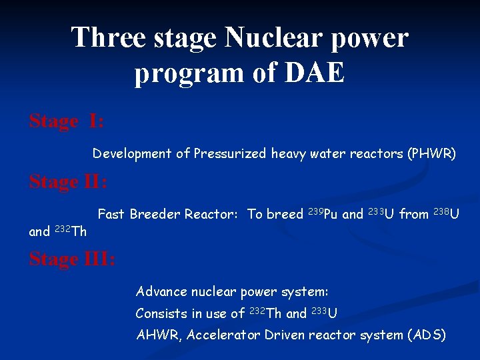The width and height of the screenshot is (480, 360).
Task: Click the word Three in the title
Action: (x=109, y=37)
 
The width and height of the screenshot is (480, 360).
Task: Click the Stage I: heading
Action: (x=66, y=121)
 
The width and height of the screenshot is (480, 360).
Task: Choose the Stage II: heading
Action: (x=69, y=181)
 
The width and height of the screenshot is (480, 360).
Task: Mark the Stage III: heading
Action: (x=72, y=259)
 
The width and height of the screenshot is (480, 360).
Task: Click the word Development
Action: (x=131, y=154)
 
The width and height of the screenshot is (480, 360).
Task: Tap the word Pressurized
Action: (x=231, y=154)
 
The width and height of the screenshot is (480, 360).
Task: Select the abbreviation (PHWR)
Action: (x=432, y=154)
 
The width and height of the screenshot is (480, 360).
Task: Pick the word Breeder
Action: (x=155, y=214)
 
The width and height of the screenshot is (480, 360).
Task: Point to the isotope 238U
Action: (x=447, y=214)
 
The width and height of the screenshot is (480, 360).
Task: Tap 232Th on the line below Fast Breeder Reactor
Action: (x=71, y=231)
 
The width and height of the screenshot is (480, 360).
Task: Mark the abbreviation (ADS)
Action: (x=426, y=335)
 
